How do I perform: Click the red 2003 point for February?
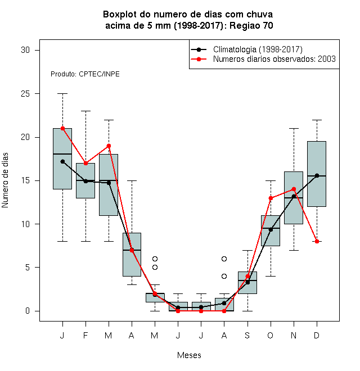85,163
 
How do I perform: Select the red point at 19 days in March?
109,146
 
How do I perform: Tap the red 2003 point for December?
317,241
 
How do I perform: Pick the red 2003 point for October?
271,198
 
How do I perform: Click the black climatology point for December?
317,175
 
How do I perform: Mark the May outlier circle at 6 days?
155,259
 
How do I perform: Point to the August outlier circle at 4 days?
224,276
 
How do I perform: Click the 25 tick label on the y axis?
25,94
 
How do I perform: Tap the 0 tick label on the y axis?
28,311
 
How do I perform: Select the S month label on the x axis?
247,335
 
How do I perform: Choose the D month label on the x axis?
317,335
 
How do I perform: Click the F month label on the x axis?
85,335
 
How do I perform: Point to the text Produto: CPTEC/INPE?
85,74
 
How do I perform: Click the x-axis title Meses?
189,355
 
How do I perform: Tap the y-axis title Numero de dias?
5,180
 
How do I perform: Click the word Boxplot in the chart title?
120,15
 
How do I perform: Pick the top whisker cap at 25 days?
62,94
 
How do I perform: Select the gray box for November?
294,198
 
